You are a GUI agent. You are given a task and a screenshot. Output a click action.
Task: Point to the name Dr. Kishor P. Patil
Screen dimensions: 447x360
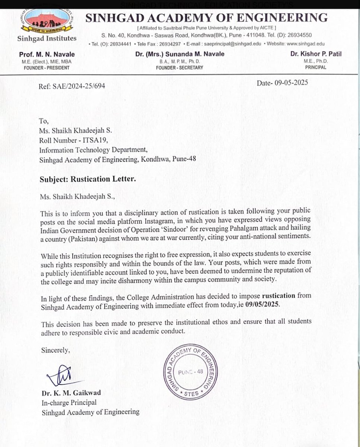tap(316, 54)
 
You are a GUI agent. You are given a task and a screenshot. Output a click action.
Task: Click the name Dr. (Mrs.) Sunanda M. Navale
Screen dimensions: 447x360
tap(180, 54)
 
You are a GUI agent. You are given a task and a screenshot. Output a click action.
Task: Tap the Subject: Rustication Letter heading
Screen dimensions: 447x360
tap(88, 179)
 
